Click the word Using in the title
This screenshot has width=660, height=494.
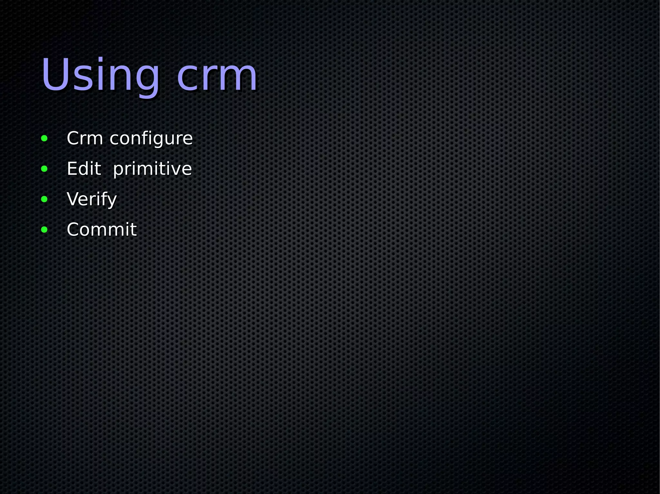click(100, 76)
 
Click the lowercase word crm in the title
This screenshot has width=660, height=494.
click(217, 77)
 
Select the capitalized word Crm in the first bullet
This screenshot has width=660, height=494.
click(85, 138)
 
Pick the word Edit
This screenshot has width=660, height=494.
click(84, 169)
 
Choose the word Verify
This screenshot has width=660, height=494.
click(92, 199)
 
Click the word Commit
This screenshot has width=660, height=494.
click(102, 229)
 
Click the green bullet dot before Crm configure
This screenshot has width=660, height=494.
click(44, 139)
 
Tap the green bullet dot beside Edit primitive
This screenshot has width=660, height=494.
click(44, 169)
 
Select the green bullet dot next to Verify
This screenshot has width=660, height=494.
click(44, 199)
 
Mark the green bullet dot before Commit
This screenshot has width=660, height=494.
click(44, 230)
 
